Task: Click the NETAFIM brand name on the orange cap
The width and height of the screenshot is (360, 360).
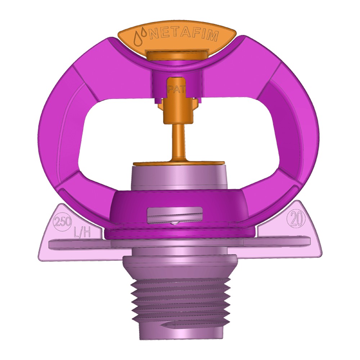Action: (x=183, y=35)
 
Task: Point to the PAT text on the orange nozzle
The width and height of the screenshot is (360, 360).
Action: (x=176, y=90)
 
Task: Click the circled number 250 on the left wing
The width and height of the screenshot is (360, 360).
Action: (x=62, y=222)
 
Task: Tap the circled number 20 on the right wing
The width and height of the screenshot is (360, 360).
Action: (x=297, y=220)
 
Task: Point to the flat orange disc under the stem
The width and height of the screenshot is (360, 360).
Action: (x=179, y=163)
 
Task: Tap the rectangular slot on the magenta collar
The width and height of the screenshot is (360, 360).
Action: (x=175, y=215)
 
